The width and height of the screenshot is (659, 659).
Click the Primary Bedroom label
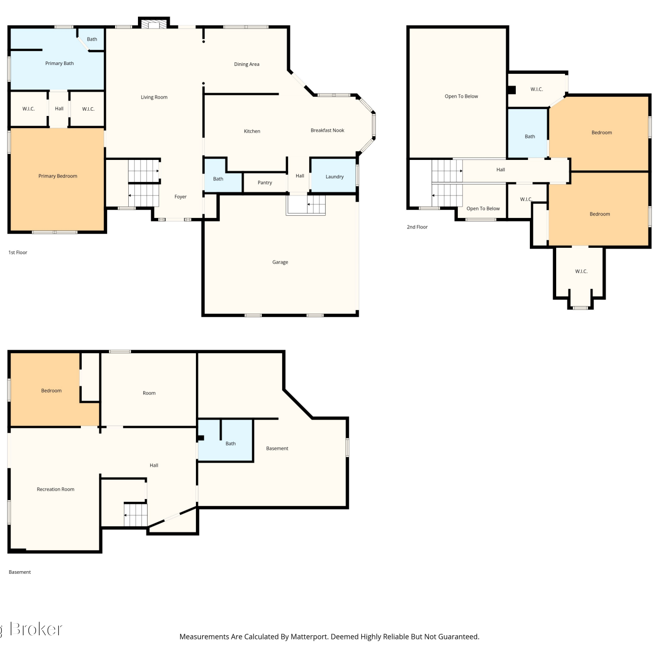[x=58, y=176]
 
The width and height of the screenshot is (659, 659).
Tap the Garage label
[x=280, y=262]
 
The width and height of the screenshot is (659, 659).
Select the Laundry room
[x=333, y=175]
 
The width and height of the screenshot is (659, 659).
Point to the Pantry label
[x=265, y=183]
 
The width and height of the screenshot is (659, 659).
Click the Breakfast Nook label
[x=327, y=130]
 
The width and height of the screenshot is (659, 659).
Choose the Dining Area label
[x=246, y=64]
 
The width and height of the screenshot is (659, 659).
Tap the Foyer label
[x=181, y=197]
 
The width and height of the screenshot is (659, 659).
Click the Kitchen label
[x=252, y=131]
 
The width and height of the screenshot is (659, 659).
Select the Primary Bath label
[x=59, y=63]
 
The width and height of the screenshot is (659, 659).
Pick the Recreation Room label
[x=55, y=489]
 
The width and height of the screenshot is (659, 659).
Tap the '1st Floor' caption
[x=18, y=253]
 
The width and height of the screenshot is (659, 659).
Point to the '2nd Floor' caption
[x=417, y=227]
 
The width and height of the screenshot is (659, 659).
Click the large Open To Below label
[x=461, y=96]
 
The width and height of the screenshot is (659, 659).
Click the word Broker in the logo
[x=36, y=629]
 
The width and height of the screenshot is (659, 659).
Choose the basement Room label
[x=149, y=393]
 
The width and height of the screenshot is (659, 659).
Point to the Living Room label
[x=154, y=98]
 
